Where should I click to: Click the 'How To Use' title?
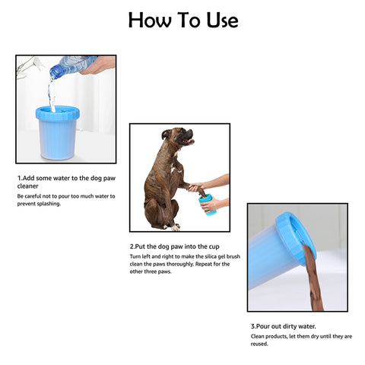tap(182, 20)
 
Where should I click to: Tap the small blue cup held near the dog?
tap(206, 204)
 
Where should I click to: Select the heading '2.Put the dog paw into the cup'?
tap(176, 247)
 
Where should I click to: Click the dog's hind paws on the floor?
tap(173, 226)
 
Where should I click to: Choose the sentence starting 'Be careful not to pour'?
tap(66, 200)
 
